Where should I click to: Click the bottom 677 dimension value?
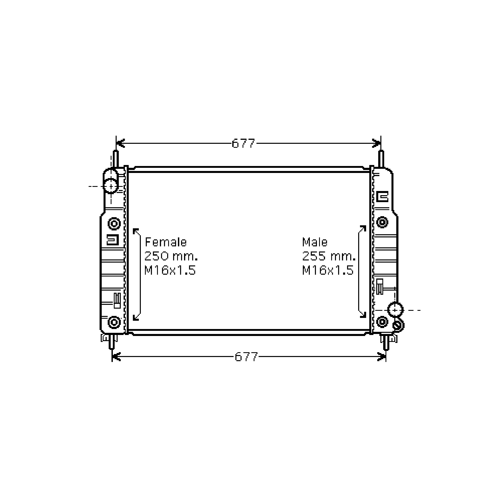246,357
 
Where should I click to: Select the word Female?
166,242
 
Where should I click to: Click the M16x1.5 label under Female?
170,270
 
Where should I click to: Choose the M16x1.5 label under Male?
328,270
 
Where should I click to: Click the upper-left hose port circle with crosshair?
111,186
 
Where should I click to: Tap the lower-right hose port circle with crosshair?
395,310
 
